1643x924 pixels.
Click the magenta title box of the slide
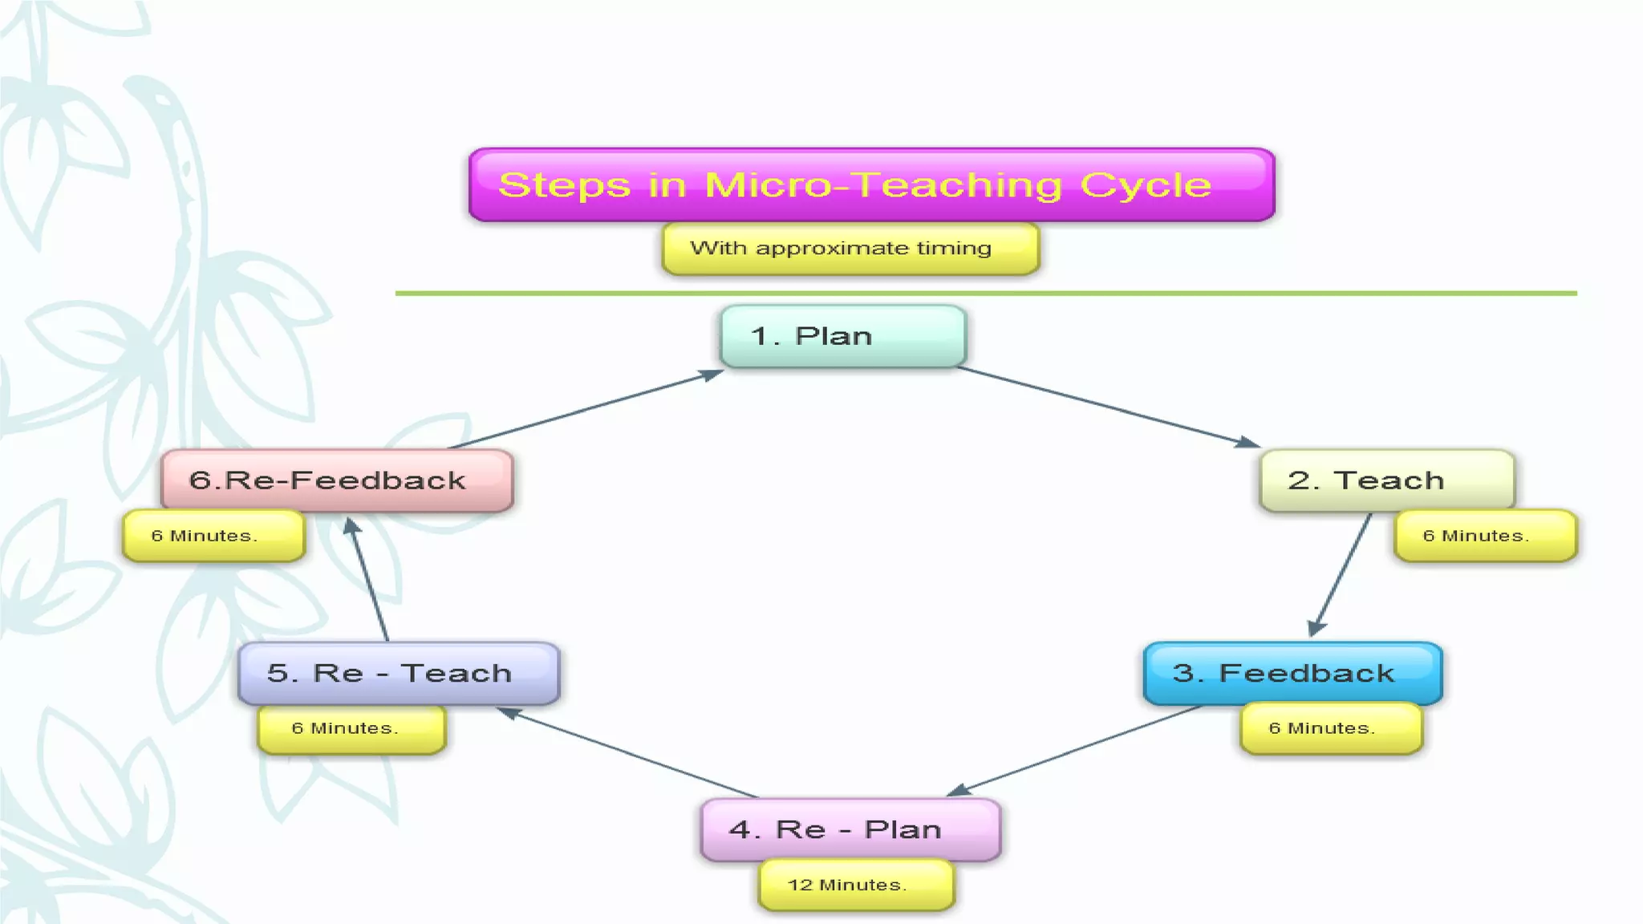pyautogui.click(x=871, y=184)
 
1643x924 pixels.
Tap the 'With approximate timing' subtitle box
pyautogui.click(x=850, y=249)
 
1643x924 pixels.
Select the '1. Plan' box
pyautogui.click(x=843, y=336)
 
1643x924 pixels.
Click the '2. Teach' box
pyautogui.click(x=1387, y=480)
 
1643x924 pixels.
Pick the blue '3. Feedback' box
pyautogui.click(x=1292, y=673)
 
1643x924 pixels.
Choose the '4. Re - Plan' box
pyautogui.click(x=850, y=829)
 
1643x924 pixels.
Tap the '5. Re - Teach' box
pyautogui.click(x=399, y=673)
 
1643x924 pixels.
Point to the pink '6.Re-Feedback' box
pyautogui.click(x=337, y=480)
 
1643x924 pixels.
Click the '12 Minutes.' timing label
pyautogui.click(x=856, y=885)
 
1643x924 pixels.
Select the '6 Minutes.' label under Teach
pyautogui.click(x=1485, y=536)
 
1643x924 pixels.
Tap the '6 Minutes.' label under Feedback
pyautogui.click(x=1331, y=728)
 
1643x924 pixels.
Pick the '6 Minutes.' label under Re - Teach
pyautogui.click(x=351, y=728)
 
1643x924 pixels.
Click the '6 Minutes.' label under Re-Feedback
pyautogui.click(x=213, y=536)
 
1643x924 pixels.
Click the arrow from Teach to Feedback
pyautogui.click(x=1341, y=574)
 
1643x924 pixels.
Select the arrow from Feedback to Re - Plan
pyautogui.click(x=1075, y=750)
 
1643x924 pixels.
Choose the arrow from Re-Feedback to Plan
pyautogui.click(x=586, y=409)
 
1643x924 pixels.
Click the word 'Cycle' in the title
pyautogui.click(x=1146, y=185)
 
